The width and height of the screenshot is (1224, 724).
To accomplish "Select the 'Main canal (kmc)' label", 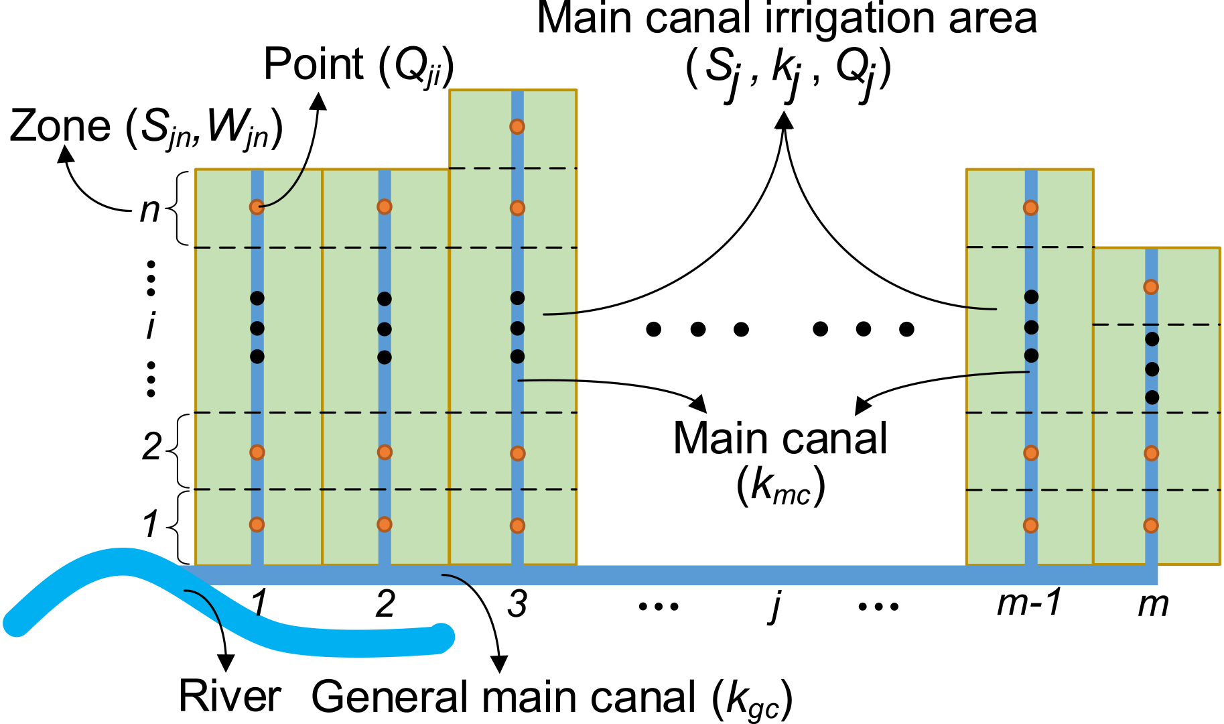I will pos(780,461).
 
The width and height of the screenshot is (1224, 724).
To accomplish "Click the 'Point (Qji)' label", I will pos(358,66).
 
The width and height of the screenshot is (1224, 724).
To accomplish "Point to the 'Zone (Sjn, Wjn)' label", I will pos(145,127).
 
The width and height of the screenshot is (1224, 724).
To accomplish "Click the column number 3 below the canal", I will pos(517,604).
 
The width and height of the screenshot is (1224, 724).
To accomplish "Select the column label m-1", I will pos(1028,603).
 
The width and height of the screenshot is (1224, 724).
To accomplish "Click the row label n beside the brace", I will pos(149,210).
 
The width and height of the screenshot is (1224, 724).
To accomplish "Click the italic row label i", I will pos(151,327).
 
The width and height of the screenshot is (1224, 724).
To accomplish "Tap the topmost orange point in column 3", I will pos(517,127).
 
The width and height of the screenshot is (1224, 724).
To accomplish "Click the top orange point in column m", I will pos(1151,287).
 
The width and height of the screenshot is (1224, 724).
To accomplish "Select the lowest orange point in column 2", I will pos(385,524).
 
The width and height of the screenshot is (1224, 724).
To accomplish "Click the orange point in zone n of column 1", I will pos(257,207).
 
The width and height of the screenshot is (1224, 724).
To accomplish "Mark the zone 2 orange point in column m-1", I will pos(1031,453).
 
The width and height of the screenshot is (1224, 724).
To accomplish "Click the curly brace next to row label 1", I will pos(172,526).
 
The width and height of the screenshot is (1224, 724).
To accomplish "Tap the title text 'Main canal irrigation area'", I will pos(787,19).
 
